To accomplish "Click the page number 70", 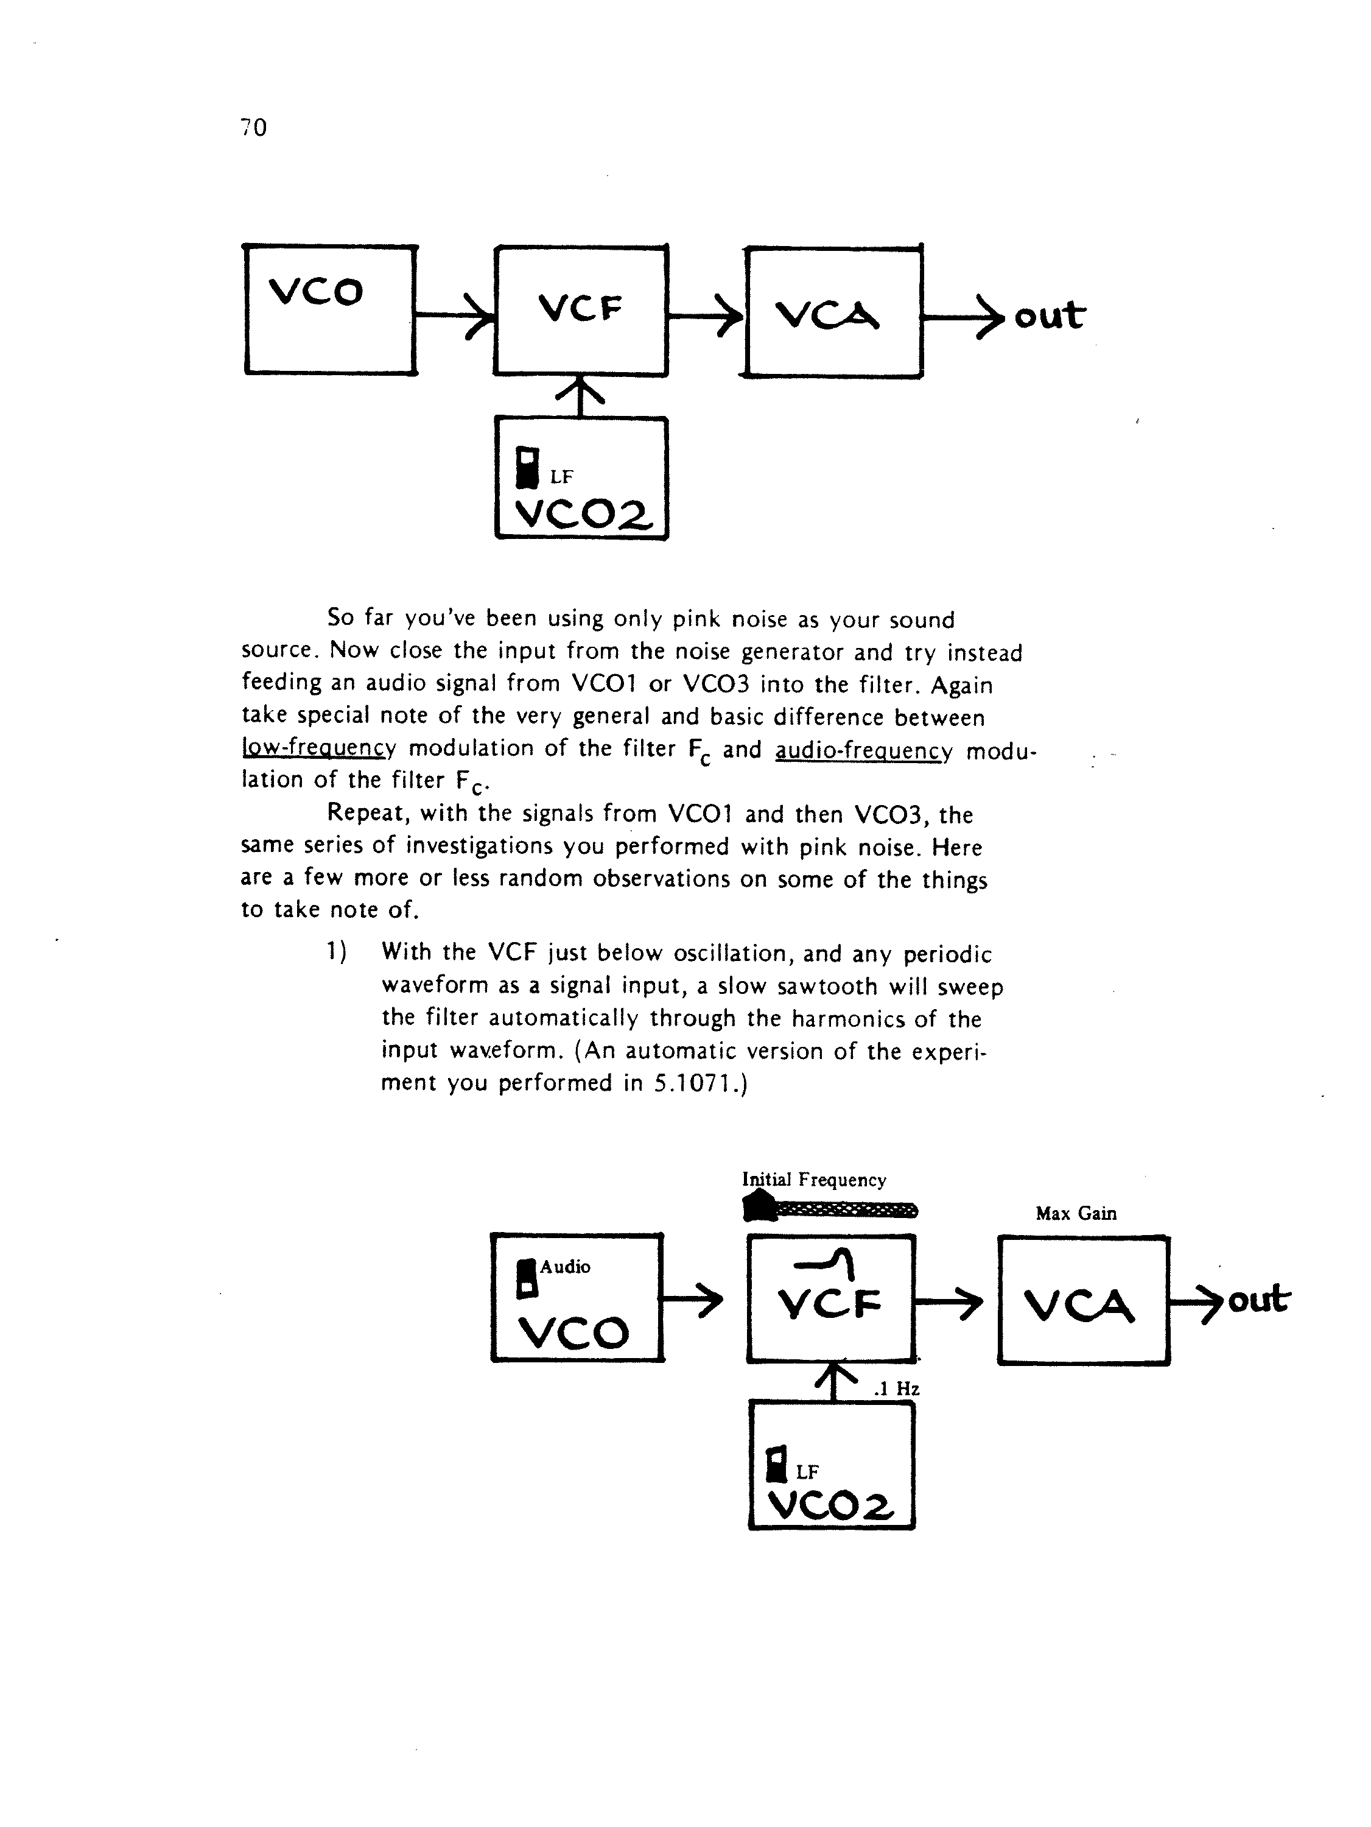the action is click(253, 127).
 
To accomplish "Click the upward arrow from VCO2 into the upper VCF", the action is click(581, 396).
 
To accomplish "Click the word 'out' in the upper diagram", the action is click(1049, 315).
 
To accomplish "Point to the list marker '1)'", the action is click(336, 953).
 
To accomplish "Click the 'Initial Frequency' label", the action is click(815, 1180).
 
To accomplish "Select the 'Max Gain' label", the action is click(1076, 1213).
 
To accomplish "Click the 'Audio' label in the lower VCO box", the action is click(565, 1267).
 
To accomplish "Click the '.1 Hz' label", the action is click(896, 1389).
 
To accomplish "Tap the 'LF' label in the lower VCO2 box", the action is click(807, 1472).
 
